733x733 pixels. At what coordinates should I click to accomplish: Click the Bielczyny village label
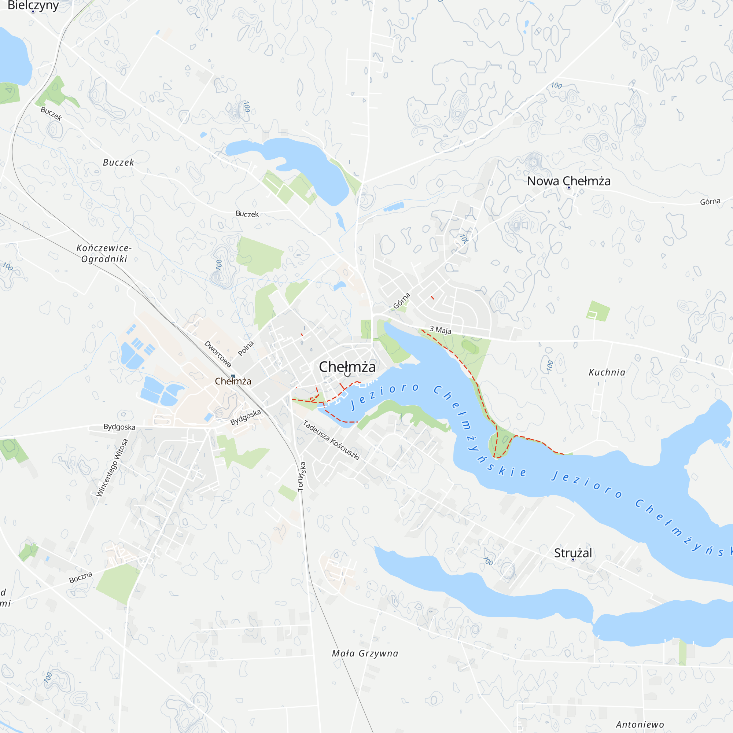pyautogui.click(x=33, y=5)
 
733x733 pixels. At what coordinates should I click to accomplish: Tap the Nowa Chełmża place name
pyautogui.click(x=569, y=181)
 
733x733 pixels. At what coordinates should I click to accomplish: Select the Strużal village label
pyautogui.click(x=573, y=553)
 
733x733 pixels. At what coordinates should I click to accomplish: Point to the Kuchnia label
pyautogui.click(x=607, y=372)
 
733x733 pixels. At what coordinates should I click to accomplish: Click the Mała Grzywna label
pyautogui.click(x=365, y=653)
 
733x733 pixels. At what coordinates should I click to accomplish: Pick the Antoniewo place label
pyautogui.click(x=640, y=725)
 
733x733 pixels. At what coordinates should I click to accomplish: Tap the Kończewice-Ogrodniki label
pyautogui.click(x=104, y=254)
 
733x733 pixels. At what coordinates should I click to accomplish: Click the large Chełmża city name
pyautogui.click(x=347, y=366)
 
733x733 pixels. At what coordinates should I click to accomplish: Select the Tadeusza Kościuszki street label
pyautogui.click(x=331, y=440)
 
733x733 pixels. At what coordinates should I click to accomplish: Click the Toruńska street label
pyautogui.click(x=302, y=476)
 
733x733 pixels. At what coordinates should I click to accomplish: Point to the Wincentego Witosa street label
pyautogui.click(x=112, y=467)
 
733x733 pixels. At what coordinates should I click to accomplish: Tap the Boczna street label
pyautogui.click(x=81, y=578)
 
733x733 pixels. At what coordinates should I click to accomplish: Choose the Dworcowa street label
pyautogui.click(x=218, y=354)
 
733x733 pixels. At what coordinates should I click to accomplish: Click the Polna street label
pyautogui.click(x=246, y=348)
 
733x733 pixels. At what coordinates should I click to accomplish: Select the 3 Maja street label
pyautogui.click(x=440, y=330)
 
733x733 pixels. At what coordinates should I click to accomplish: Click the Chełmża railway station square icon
pyautogui.click(x=233, y=376)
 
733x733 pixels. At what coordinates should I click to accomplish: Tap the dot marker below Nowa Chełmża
pyautogui.click(x=569, y=188)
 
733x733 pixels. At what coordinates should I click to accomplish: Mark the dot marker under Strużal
pyautogui.click(x=573, y=560)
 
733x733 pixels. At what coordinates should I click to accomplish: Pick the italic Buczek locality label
pyautogui.click(x=118, y=162)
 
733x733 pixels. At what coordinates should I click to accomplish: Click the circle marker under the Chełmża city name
pyautogui.click(x=347, y=375)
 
